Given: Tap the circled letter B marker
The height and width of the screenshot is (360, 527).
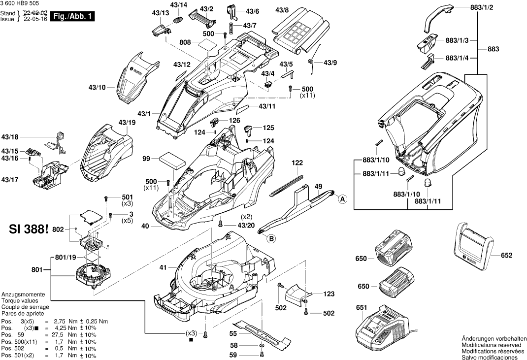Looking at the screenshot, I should (270, 239).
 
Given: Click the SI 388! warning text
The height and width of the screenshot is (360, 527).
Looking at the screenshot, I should (29, 230).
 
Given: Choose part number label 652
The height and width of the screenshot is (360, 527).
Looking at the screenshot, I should (506, 256).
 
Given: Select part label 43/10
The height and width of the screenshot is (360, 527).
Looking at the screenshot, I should (97, 88).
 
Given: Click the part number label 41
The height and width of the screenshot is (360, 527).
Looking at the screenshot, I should (163, 267).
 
